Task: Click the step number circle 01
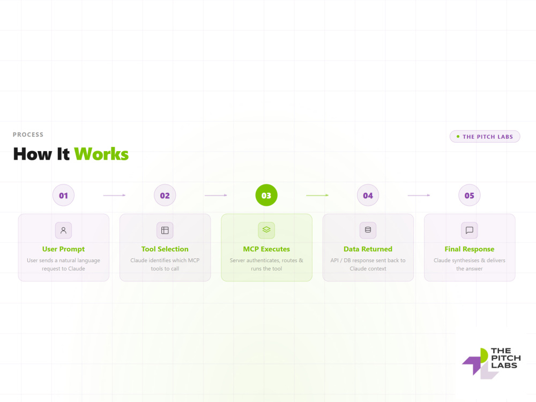(x=63, y=195)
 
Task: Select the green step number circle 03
(x=266, y=195)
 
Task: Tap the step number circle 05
(x=470, y=195)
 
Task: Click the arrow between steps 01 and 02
(x=114, y=195)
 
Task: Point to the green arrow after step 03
(x=317, y=195)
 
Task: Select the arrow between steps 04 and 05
(x=419, y=195)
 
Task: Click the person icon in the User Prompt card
(x=63, y=230)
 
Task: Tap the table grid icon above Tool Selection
(x=165, y=230)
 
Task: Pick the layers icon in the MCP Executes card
(x=266, y=230)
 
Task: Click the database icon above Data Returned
(x=368, y=230)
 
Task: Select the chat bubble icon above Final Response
(x=470, y=230)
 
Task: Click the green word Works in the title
(x=101, y=154)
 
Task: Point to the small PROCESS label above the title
(x=28, y=135)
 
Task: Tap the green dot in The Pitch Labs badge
(x=458, y=136)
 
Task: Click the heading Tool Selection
(x=165, y=249)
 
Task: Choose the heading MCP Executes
(x=266, y=249)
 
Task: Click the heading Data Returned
(x=368, y=249)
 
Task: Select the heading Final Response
(x=470, y=249)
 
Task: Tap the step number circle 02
(x=165, y=195)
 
